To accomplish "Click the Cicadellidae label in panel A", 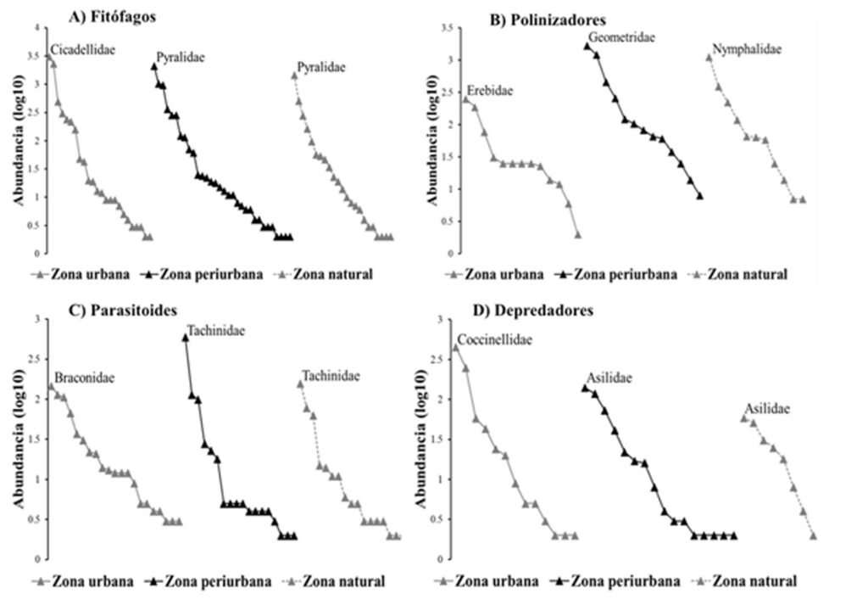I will (x=83, y=50).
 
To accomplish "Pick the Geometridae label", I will (x=621, y=38).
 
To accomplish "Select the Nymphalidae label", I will (x=747, y=49).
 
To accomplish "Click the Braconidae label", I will (x=85, y=378).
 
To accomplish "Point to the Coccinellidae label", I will (x=494, y=339).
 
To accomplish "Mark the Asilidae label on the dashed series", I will (x=767, y=409).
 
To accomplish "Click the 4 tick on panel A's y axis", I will (x=36, y=28).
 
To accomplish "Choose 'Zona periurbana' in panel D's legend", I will (x=626, y=581).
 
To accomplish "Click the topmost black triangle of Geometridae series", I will (x=587, y=46).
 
